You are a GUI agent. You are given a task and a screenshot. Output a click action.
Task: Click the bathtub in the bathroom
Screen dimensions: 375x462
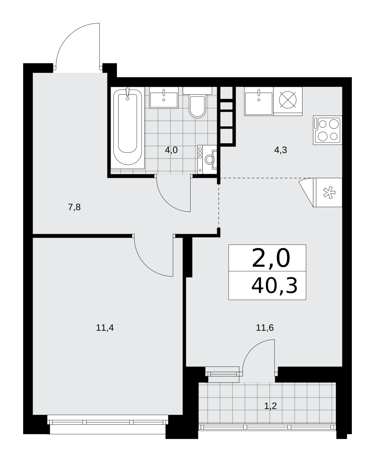[128, 127]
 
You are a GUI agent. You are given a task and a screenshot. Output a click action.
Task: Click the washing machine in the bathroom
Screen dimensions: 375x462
[207, 159]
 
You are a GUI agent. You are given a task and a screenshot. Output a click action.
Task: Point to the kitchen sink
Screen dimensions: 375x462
[259, 101]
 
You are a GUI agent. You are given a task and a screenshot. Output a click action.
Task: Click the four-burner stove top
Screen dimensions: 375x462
[328, 130]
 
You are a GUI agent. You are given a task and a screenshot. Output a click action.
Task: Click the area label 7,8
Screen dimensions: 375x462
[74, 207]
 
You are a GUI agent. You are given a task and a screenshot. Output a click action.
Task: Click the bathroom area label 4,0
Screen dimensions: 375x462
[171, 150]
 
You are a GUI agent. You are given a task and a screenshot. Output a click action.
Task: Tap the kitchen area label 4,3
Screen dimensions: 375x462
[281, 150]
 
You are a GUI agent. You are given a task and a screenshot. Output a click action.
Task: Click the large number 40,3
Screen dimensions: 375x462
[274, 286]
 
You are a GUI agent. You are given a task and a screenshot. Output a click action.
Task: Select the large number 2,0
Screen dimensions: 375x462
[271, 258]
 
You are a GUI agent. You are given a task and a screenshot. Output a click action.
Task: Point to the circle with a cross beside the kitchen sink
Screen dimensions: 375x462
[288, 100]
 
